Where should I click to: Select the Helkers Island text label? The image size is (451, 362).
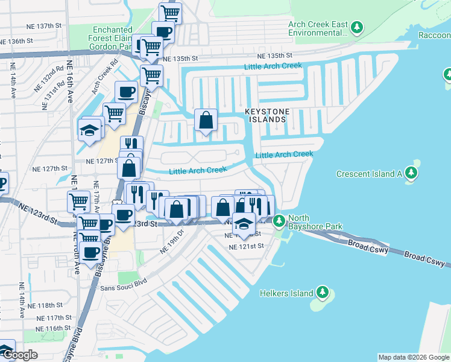286,294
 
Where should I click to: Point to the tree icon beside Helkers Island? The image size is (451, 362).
323,293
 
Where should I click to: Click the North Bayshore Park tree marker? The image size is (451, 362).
279,221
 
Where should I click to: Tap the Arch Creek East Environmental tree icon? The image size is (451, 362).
357,27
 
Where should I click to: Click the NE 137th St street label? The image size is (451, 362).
45,27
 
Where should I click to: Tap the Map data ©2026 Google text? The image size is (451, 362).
413,357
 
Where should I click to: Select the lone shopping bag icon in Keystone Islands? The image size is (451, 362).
206,119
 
